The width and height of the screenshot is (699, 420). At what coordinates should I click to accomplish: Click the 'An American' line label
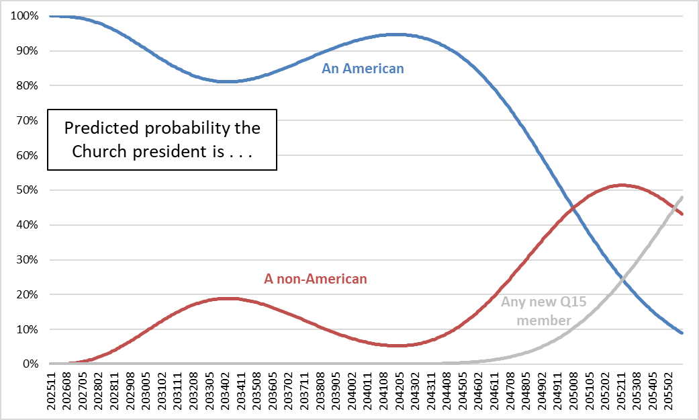(363, 68)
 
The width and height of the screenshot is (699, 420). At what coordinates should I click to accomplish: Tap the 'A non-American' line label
(316, 278)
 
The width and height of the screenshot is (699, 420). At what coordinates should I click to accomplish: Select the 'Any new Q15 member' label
(543, 311)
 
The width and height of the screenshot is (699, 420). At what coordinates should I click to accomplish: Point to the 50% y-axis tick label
(25, 190)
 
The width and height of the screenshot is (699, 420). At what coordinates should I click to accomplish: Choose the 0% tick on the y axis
(28, 364)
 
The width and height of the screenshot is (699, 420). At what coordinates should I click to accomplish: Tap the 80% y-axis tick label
(25, 85)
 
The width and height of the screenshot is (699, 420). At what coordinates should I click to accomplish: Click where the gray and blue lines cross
(624, 278)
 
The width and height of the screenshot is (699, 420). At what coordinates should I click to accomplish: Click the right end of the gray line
(682, 197)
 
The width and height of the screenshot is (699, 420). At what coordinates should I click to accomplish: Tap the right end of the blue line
(682, 333)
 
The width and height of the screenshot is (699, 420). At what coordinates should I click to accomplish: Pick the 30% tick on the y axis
(25, 260)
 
